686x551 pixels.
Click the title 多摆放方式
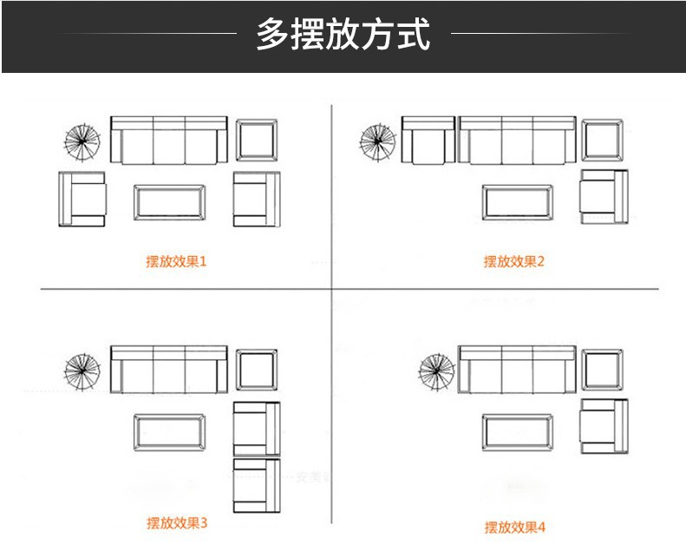[343, 36]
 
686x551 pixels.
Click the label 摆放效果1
[176, 261]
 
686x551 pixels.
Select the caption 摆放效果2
[513, 261]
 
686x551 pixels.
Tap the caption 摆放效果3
[176, 523]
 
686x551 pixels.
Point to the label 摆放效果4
[514, 527]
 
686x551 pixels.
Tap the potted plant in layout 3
[82, 371]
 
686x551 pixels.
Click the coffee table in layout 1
[169, 202]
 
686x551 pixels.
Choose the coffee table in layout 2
[517, 202]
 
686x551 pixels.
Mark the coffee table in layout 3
[169, 432]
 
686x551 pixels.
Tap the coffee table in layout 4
[517, 432]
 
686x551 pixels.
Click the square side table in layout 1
[258, 141]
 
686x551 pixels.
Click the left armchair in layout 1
[82, 200]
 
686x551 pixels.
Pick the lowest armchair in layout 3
[257, 486]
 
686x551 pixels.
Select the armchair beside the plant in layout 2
[427, 141]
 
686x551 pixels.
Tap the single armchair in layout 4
[604, 427]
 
